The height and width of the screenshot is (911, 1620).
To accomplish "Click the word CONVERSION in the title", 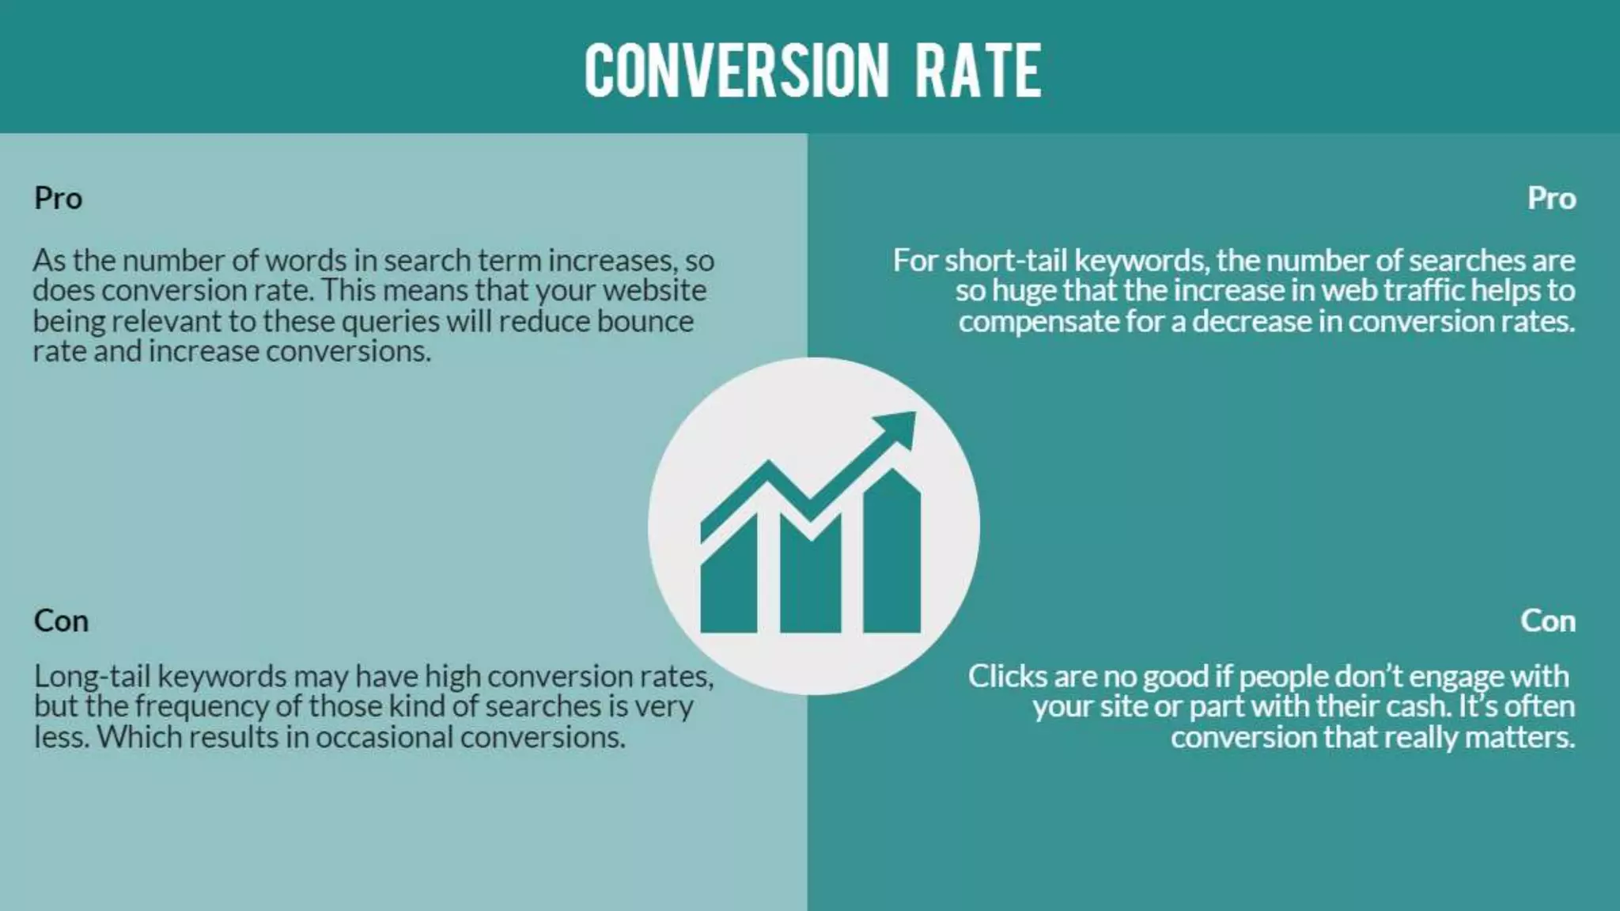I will click(x=736, y=71).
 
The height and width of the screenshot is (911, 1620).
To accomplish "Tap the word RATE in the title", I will click(x=978, y=71).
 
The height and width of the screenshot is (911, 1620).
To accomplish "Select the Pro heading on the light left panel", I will click(x=58, y=198).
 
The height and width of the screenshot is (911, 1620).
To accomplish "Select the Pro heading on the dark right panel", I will click(x=1551, y=198).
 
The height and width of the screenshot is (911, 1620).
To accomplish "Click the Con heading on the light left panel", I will click(x=61, y=621).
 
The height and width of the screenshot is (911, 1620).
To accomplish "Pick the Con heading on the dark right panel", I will click(x=1547, y=621).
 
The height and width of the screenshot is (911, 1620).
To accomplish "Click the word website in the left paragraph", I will click(x=654, y=290).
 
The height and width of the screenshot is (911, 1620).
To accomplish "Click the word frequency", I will click(x=202, y=706).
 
